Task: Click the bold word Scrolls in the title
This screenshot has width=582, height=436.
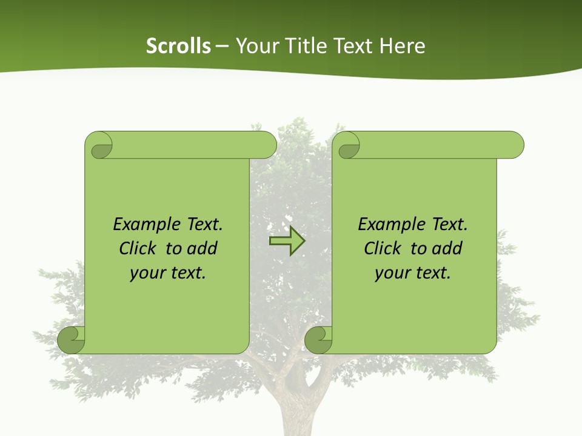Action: coord(178,46)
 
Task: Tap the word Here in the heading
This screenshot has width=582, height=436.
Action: coord(403,46)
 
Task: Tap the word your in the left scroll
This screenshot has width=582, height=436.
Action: coord(146,272)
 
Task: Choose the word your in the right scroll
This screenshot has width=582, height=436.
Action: coord(391,272)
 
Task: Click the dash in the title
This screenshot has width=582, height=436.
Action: coord(222,46)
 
